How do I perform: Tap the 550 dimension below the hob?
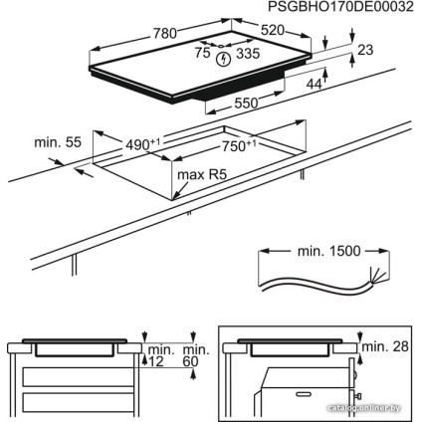click(246, 103)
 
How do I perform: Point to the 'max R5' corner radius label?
click(197, 178)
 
